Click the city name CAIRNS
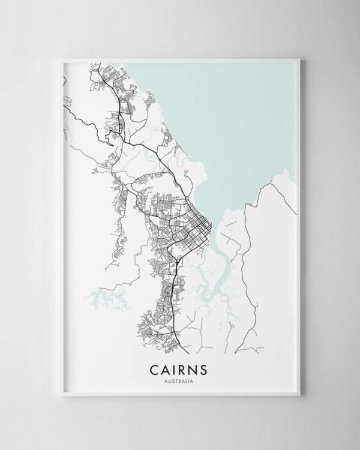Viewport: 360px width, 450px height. point(180,367)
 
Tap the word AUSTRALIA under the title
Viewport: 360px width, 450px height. point(180,379)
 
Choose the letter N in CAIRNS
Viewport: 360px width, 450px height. point(197,367)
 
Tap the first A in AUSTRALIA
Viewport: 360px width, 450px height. point(167,379)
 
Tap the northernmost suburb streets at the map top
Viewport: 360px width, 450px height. point(99,75)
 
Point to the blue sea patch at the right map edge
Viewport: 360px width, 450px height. point(288,180)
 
